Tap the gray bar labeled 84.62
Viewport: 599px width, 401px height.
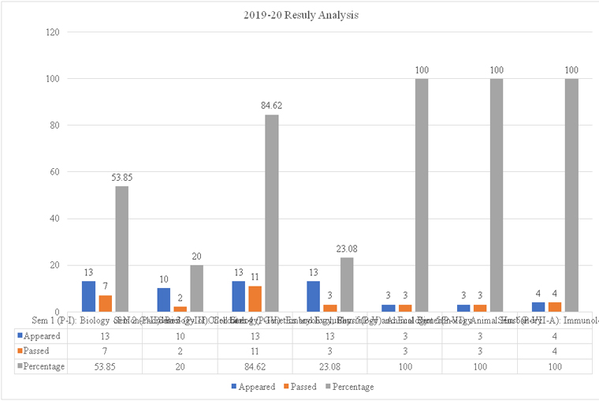(271, 213)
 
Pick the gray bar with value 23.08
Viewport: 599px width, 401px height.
(346, 284)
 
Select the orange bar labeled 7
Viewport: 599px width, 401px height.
(105, 303)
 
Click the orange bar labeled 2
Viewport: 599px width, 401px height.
(180, 309)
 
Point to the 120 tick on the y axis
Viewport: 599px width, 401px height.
(54, 32)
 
